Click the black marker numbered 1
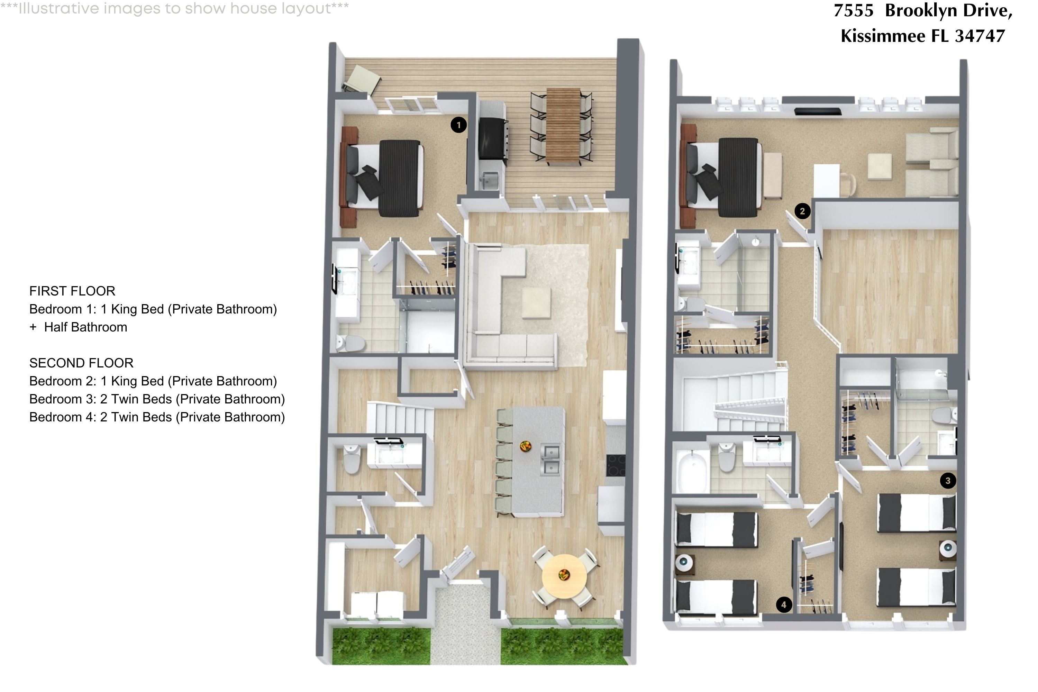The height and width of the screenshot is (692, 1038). [458, 125]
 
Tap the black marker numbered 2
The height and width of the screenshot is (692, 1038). [802, 211]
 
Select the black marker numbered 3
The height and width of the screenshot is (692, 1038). [948, 481]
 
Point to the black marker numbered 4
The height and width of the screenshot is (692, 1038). [784, 604]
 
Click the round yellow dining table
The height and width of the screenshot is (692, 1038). [564, 576]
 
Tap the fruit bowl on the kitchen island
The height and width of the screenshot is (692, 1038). [525, 446]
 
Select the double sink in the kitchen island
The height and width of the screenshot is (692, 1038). [551, 460]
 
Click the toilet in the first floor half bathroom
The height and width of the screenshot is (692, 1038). [352, 459]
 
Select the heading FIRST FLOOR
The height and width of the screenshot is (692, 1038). [72, 291]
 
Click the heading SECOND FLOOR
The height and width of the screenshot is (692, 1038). [81, 363]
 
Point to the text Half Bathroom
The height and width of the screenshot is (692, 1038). [85, 327]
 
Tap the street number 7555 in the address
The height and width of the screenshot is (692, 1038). [854, 11]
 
